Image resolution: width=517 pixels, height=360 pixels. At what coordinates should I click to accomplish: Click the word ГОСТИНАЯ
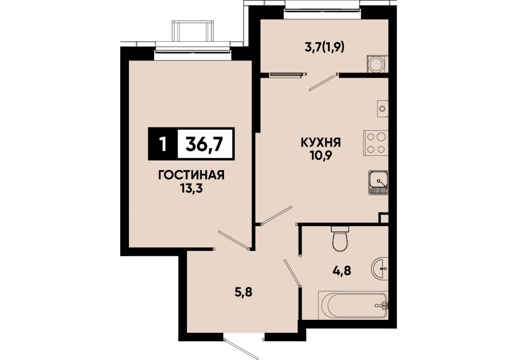tap(191, 175)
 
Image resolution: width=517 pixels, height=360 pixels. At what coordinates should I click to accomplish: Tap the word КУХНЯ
tap(321, 143)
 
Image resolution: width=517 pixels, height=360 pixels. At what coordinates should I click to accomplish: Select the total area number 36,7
tap(205, 144)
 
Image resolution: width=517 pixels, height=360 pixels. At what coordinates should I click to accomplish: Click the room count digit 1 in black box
tap(162, 144)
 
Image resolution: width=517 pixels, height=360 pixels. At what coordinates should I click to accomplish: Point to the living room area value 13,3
tap(191, 188)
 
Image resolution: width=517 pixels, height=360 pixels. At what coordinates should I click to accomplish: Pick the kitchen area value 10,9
tap(321, 156)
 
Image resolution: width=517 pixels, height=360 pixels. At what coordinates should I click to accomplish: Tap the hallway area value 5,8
tap(243, 292)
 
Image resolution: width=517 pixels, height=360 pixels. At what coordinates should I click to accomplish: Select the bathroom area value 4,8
tap(342, 271)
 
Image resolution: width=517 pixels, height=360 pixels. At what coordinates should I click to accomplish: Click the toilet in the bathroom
tap(340, 239)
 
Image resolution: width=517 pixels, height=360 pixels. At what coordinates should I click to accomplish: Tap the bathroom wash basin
tap(380, 268)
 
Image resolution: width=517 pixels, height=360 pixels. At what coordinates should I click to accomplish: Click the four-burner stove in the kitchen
tap(376, 143)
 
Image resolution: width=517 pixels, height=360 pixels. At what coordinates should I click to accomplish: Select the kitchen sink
tap(378, 183)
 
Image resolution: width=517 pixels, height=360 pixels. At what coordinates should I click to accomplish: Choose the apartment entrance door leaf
tap(241, 349)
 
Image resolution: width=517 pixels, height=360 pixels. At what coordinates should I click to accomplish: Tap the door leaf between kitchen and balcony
tap(323, 82)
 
